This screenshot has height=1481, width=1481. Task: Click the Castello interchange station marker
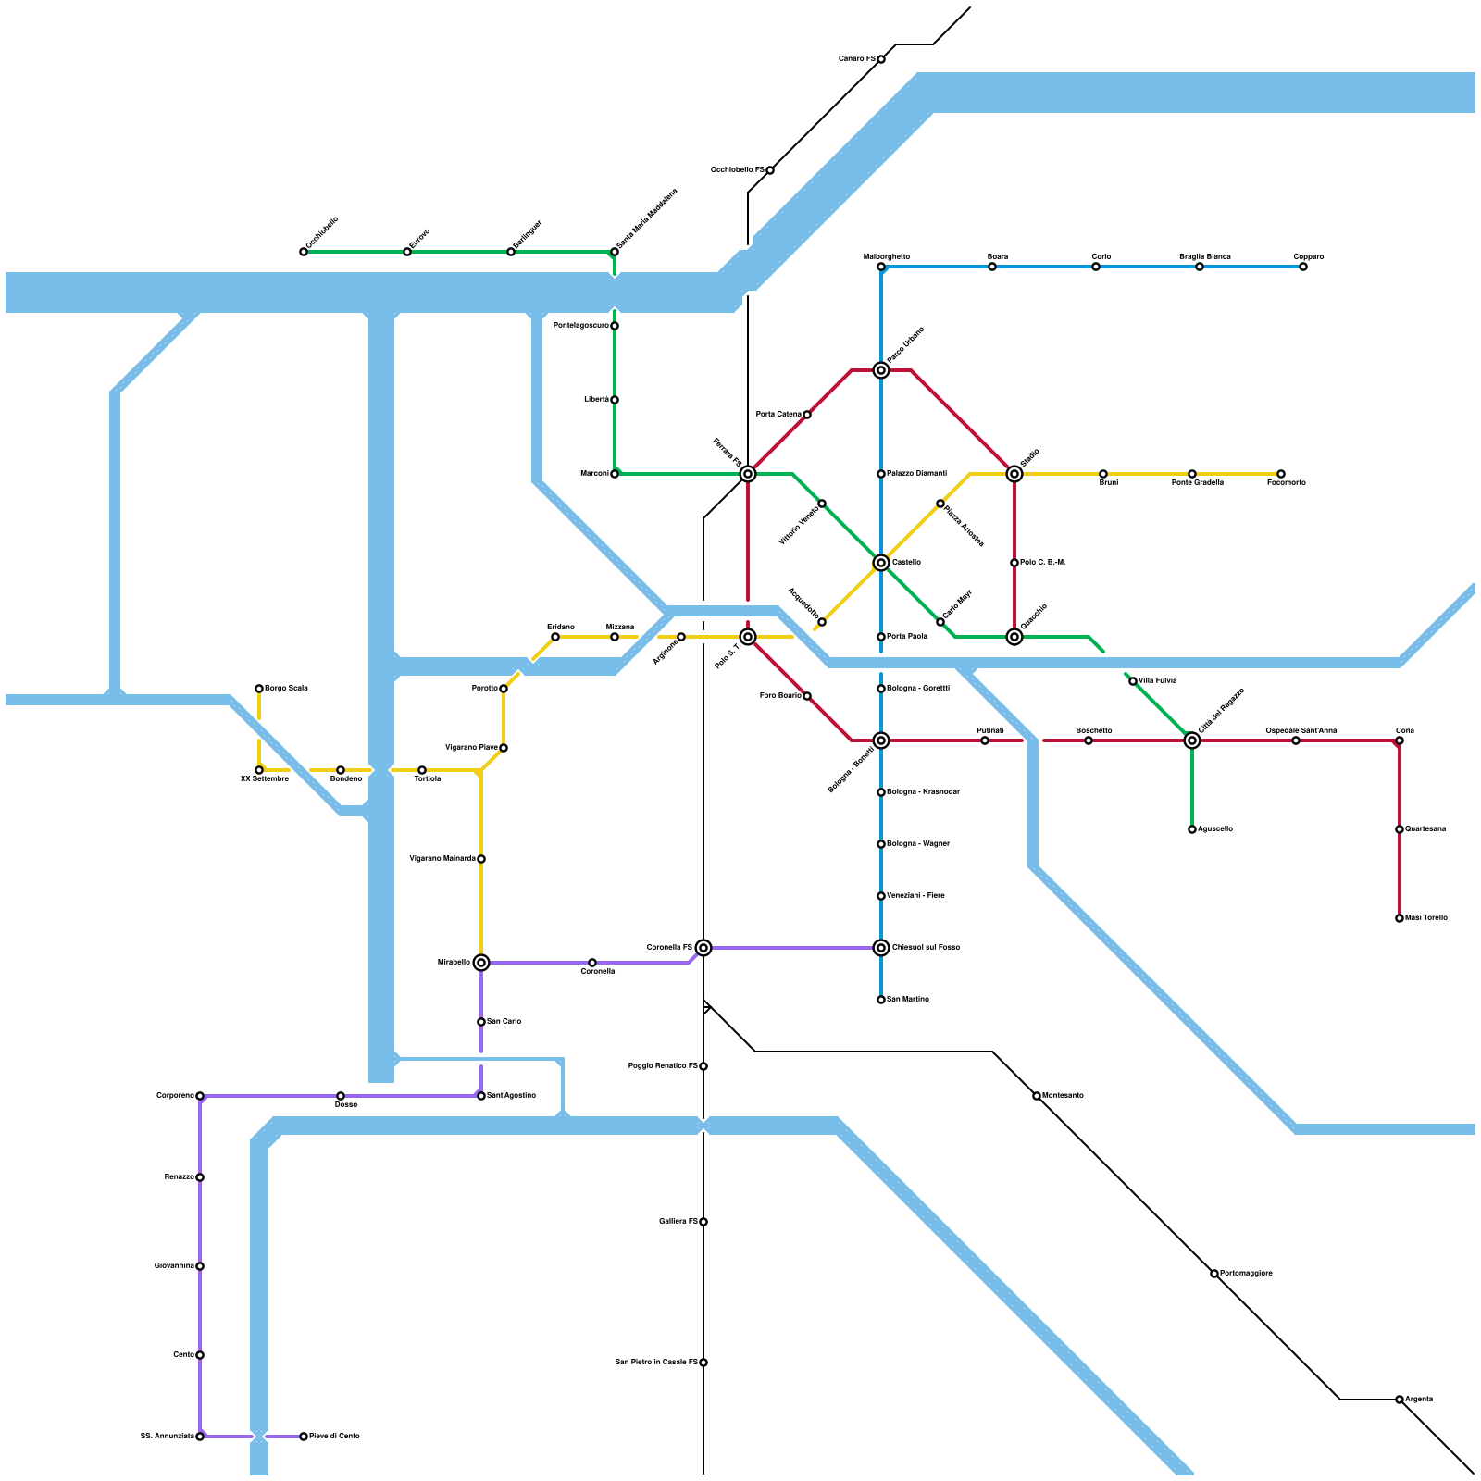[x=881, y=563]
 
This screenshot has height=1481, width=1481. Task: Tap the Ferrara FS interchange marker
[x=748, y=474]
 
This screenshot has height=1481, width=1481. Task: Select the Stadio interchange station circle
[x=1014, y=474]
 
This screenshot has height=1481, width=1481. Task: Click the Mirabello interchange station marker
[x=481, y=963]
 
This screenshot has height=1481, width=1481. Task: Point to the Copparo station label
[x=1308, y=256]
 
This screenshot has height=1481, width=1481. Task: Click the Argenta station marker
[x=1400, y=1400]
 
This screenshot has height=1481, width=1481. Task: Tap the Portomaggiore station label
[x=1246, y=1274]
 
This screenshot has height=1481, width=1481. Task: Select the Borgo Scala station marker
[x=259, y=689]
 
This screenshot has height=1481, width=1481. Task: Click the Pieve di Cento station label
[x=334, y=1437]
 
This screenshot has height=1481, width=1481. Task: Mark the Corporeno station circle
[x=200, y=1096]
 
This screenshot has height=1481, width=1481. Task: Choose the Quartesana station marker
[x=1400, y=829]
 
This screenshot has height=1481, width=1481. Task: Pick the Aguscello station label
[x=1214, y=829]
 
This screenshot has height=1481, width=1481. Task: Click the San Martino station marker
[x=881, y=1000]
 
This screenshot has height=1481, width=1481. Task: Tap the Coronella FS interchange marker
[x=703, y=948]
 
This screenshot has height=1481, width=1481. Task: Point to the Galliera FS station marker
[x=703, y=1222]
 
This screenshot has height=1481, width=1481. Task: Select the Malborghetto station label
[x=887, y=256]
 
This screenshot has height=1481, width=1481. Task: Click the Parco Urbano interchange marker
[x=881, y=370]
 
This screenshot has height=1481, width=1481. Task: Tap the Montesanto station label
[x=1063, y=1096]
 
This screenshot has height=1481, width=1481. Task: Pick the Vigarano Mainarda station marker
[x=481, y=859]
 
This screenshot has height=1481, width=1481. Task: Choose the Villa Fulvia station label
[x=1157, y=681]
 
